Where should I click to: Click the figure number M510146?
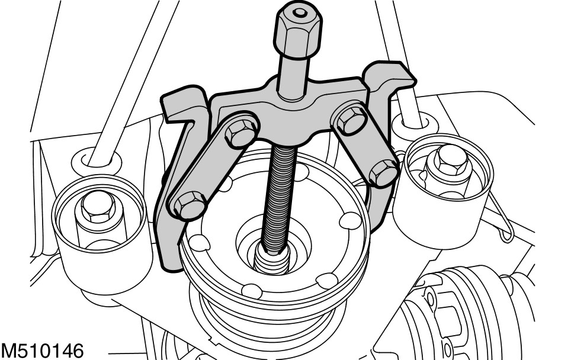pyautogui.click(x=42, y=351)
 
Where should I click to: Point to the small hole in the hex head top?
pyautogui.click(x=300, y=13)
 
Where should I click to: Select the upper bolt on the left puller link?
pyautogui.click(x=240, y=133)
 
